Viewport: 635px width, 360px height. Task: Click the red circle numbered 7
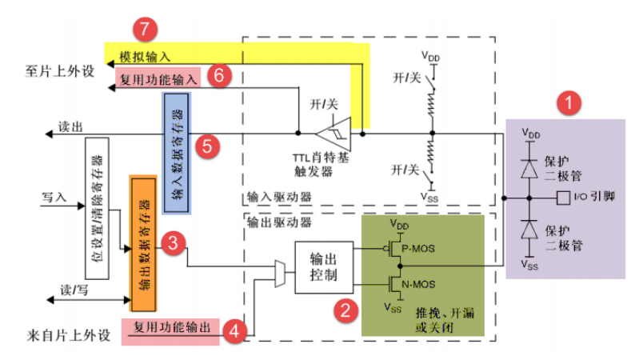tap(145, 29)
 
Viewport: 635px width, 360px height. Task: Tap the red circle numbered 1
tap(569, 102)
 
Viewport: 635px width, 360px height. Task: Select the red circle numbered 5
tap(207, 146)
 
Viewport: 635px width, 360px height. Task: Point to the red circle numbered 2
tap(345, 310)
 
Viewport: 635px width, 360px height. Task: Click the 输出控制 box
tap(324, 267)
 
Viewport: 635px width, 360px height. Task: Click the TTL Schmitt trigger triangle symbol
tap(334, 134)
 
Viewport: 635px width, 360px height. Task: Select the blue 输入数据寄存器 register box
tap(177, 153)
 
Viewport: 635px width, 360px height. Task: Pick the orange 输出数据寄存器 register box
tap(143, 244)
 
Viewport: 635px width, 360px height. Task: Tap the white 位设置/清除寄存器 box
tap(98, 208)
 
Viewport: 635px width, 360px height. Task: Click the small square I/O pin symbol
tap(563, 198)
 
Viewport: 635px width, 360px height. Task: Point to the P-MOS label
tap(418, 249)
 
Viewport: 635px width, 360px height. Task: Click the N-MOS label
tap(418, 284)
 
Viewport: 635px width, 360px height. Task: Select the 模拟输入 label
tap(145, 57)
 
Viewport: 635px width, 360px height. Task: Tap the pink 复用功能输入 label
tap(158, 78)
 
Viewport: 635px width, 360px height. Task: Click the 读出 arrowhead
tap(49, 134)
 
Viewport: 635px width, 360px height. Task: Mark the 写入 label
tap(54, 198)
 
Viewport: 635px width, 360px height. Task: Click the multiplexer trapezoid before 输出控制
tap(280, 274)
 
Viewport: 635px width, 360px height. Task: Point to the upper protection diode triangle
tap(529, 170)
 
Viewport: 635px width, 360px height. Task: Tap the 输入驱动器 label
tap(279, 198)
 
